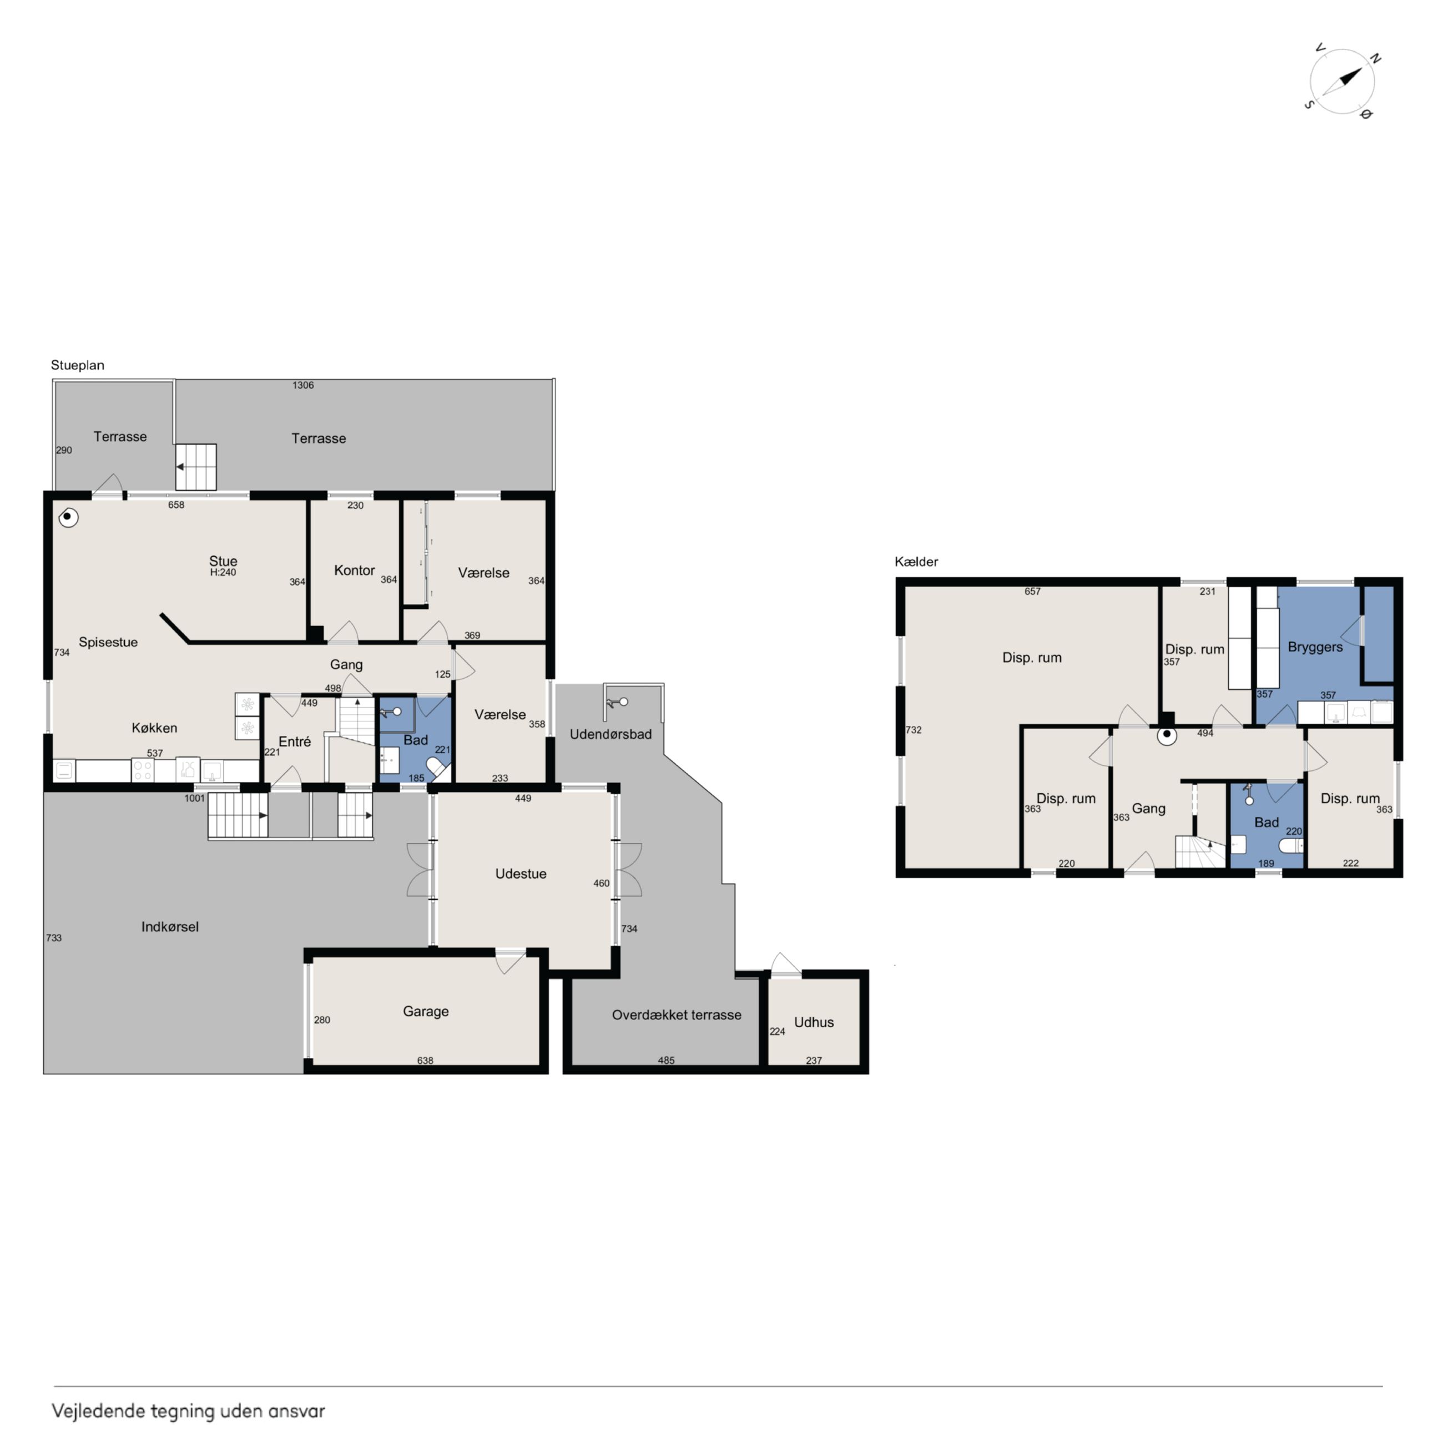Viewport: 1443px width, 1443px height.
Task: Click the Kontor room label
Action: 354,571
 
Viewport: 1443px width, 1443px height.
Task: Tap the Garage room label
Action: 426,1011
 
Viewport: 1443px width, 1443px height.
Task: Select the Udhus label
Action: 814,1022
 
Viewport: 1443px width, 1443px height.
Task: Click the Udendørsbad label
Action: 610,734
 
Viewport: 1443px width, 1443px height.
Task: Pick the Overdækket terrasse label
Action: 677,1015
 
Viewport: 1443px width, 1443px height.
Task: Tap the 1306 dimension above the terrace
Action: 302,385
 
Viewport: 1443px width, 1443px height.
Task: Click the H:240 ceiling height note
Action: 223,573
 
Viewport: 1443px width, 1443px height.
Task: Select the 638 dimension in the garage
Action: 425,1061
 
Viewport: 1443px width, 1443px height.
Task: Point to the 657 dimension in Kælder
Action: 1032,592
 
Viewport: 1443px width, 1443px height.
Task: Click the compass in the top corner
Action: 1342,82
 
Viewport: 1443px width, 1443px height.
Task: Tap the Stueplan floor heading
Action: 78,365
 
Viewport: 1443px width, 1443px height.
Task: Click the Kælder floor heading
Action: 916,562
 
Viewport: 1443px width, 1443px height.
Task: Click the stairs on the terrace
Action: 196,467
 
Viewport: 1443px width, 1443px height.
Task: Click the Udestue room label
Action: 521,874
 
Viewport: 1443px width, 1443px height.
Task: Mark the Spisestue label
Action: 108,642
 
